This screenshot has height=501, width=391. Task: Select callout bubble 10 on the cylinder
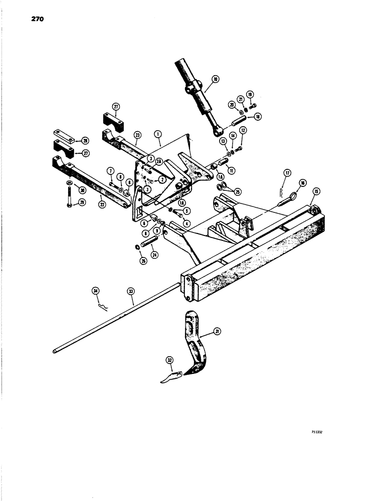point(215,79)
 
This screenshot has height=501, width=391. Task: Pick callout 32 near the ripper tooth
point(170,360)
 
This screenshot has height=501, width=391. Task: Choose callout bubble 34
point(96,290)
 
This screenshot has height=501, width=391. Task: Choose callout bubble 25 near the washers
point(238,191)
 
